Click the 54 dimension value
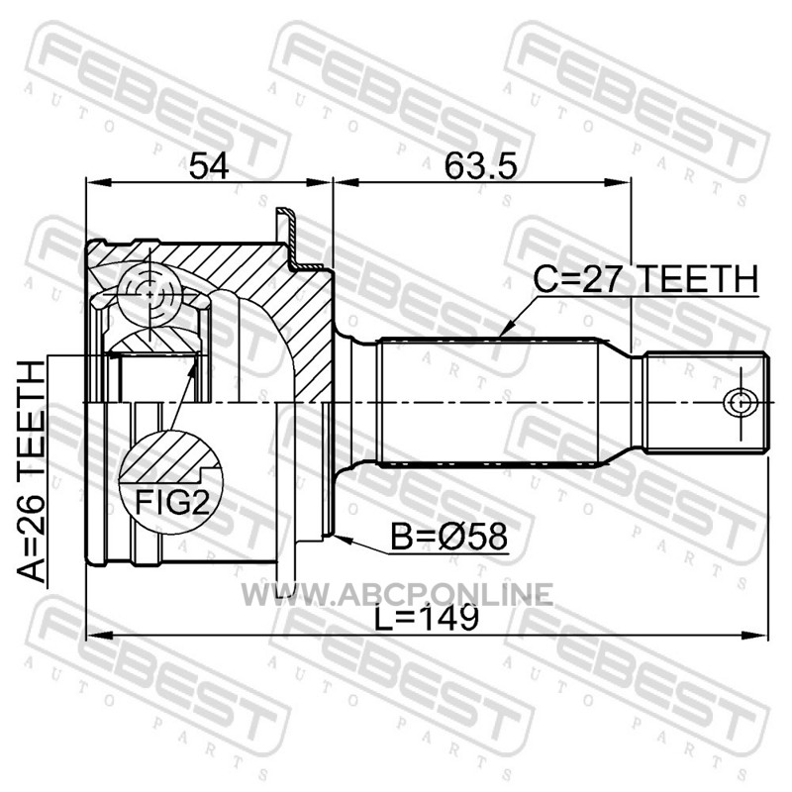tap(209, 166)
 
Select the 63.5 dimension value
tap(480, 166)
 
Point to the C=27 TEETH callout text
tap(646, 279)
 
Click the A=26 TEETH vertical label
tap(32, 472)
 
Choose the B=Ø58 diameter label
tap(448, 537)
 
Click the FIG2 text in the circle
tap(171, 502)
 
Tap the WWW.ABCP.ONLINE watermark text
tap(397, 594)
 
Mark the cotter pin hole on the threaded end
tap(740, 403)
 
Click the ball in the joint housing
tap(150, 294)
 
